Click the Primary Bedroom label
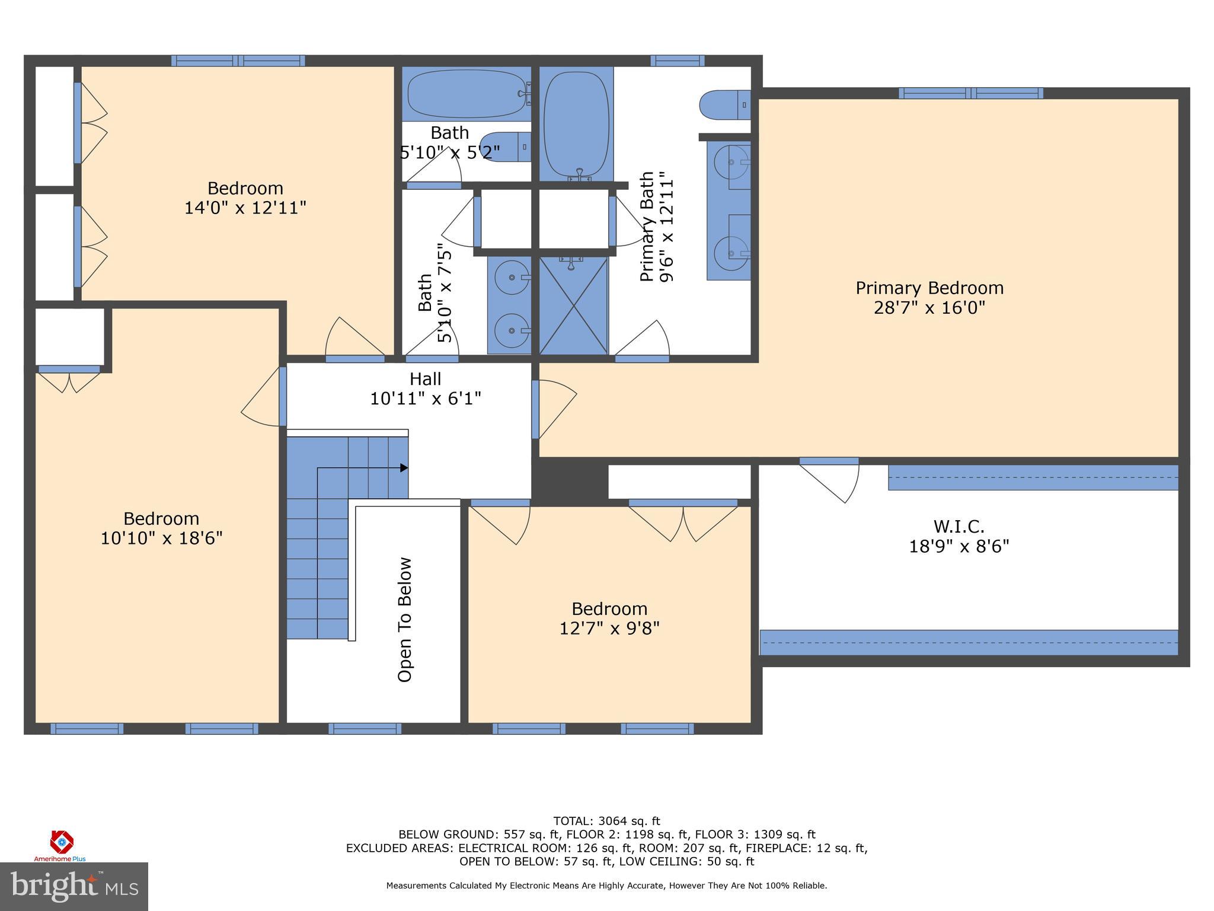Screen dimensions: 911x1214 (x=929, y=288)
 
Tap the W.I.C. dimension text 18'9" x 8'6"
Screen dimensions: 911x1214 (x=959, y=546)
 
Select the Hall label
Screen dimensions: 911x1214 (x=425, y=378)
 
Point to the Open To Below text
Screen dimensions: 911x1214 (x=405, y=619)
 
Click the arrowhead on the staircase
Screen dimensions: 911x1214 (x=404, y=468)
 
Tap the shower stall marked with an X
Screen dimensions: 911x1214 (x=573, y=305)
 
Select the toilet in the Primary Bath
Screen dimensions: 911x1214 (x=724, y=106)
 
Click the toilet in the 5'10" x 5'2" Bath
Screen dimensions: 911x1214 (x=504, y=146)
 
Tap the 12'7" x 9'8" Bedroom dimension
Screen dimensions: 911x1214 (x=609, y=628)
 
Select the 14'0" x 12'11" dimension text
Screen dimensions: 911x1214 (x=245, y=208)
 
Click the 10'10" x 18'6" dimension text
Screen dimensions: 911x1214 (x=161, y=539)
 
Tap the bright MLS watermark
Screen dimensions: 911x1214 (x=74, y=886)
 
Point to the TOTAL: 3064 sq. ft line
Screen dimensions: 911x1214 (x=606, y=821)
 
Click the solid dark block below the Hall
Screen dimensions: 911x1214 (x=570, y=481)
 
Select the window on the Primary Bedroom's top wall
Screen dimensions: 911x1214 (x=970, y=93)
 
